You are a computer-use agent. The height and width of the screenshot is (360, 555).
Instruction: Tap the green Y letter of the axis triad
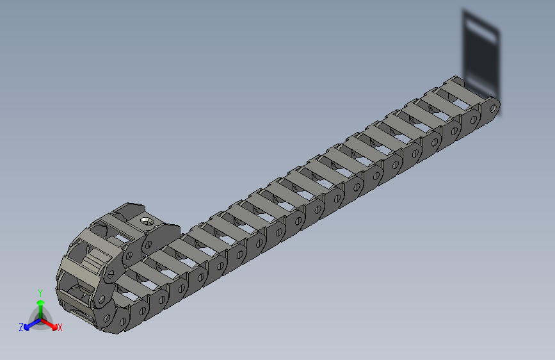tap(40, 293)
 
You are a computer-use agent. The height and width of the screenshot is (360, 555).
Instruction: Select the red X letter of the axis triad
tap(60, 327)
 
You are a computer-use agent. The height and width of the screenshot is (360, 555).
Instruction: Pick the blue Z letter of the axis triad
tap(20, 327)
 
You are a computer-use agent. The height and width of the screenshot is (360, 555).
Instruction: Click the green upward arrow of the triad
tap(40, 304)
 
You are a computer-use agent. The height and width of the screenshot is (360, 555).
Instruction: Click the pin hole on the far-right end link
tap(494, 109)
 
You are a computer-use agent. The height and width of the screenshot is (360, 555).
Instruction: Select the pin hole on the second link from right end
tap(473, 120)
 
